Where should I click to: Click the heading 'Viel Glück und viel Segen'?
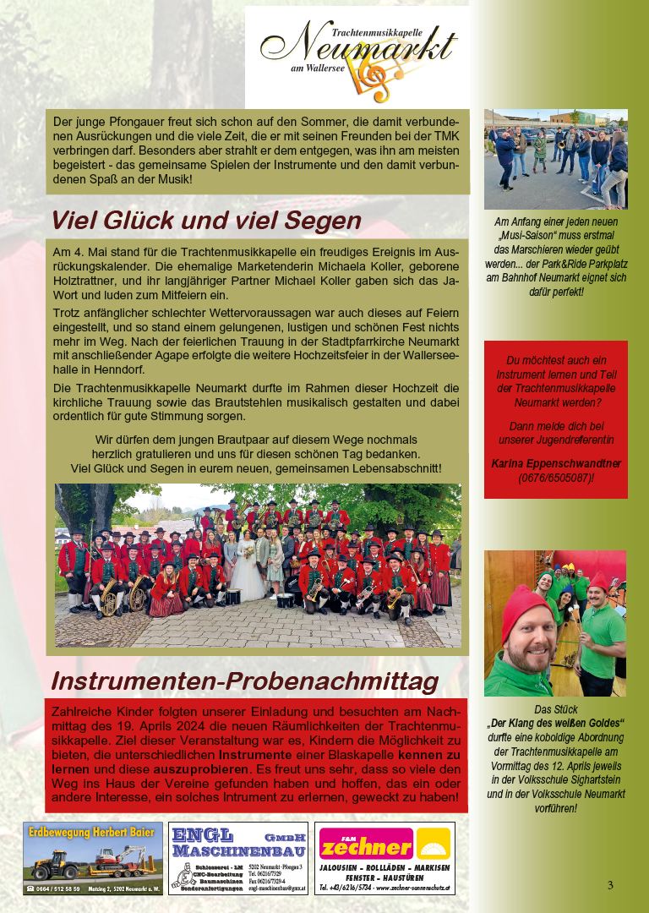tap(206, 221)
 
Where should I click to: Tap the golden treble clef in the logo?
tap(372, 80)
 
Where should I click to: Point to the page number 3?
tap(610, 885)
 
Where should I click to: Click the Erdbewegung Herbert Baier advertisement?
tap(93, 858)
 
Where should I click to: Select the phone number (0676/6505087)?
tap(555, 478)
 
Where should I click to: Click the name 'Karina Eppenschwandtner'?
tap(555, 464)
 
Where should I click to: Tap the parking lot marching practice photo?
tap(555, 158)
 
